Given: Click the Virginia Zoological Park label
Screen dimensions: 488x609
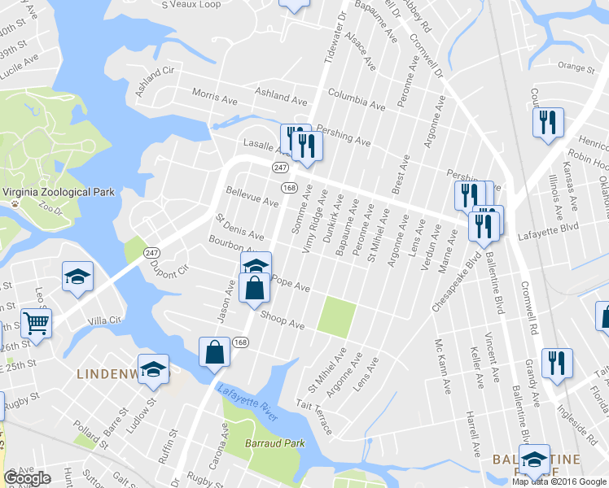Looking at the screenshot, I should click(x=59, y=193).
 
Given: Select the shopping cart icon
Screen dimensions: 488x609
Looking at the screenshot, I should click(x=36, y=323).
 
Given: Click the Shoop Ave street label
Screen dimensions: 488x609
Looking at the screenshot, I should click(x=282, y=320).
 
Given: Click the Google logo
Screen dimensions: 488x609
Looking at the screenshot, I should click(x=27, y=478).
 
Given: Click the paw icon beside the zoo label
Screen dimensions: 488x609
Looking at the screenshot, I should click(x=14, y=206).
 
